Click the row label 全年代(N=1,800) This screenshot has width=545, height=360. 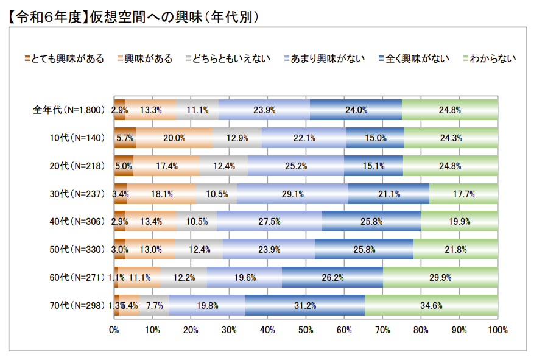(x=69, y=110)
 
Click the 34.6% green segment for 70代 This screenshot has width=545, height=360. (x=431, y=305)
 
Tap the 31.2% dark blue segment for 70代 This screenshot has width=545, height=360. (x=304, y=305)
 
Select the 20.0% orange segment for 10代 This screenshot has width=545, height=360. (x=174, y=138)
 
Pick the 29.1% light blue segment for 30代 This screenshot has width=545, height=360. (x=292, y=194)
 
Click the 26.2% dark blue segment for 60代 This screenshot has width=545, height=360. (x=332, y=277)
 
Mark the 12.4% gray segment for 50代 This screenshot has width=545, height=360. (x=199, y=249)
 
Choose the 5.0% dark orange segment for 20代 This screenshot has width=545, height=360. (x=124, y=166)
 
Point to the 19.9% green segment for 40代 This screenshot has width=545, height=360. (x=459, y=222)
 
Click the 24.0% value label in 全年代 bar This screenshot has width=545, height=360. (x=356, y=110)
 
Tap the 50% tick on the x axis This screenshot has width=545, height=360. (x=306, y=330)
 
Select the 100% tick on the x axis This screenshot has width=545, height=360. (x=498, y=330)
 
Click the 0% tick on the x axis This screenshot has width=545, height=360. (x=114, y=330)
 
